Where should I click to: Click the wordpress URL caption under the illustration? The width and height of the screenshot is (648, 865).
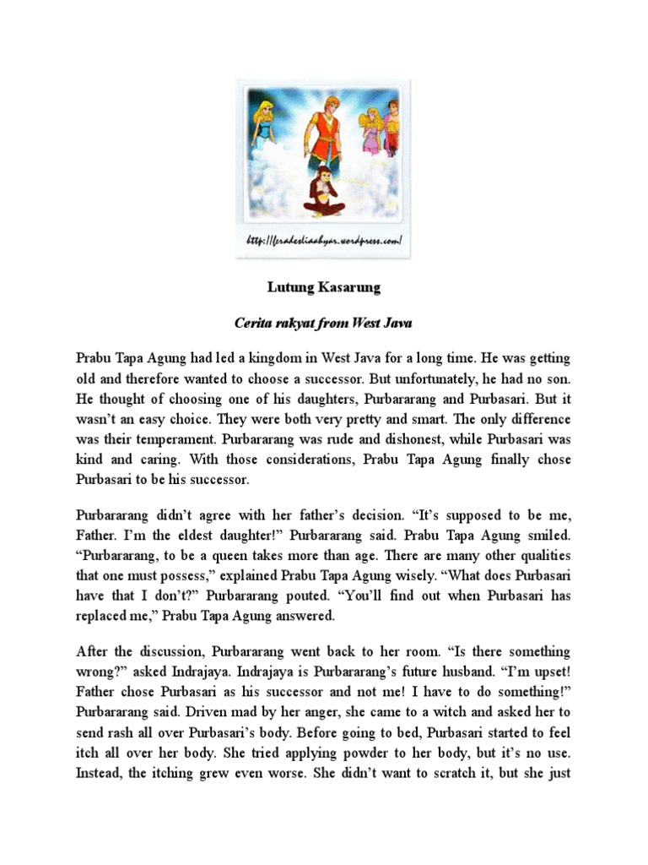(323, 242)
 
